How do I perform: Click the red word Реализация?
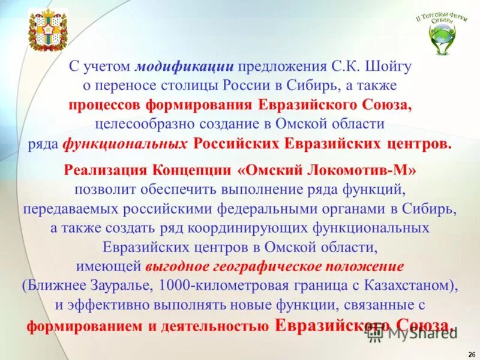tap(104, 170)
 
